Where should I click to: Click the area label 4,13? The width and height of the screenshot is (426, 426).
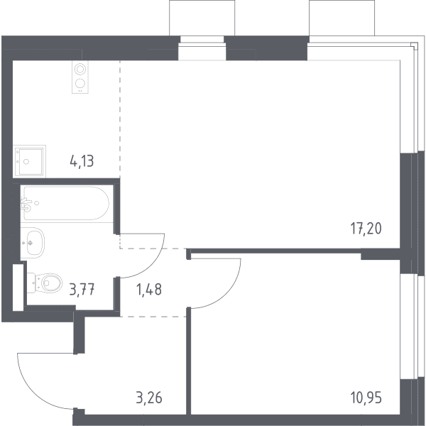82,162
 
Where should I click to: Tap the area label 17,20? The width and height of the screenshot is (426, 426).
366,228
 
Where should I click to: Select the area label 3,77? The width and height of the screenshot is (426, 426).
82,290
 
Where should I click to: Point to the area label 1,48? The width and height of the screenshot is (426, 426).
149,290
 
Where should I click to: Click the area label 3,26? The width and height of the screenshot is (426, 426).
149,398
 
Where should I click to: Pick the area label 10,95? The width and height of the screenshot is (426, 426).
366,398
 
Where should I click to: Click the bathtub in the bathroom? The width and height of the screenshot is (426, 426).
67,203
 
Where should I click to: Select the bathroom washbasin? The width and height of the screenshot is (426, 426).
33,242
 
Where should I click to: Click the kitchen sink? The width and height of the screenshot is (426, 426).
29,161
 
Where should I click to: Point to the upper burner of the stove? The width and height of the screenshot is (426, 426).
80,69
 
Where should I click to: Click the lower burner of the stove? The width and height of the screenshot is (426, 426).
80,83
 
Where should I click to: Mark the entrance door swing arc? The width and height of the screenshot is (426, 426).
31,395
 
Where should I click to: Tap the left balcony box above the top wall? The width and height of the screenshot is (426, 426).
202,18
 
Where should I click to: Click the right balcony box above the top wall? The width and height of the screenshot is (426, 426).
342,18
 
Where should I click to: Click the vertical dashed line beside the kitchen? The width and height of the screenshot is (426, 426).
120,119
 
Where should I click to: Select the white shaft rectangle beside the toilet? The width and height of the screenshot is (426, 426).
18,287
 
